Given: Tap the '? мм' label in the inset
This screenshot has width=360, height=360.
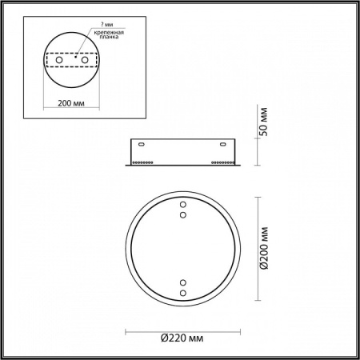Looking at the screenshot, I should click(101, 24).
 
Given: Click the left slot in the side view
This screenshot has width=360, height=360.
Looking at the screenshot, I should click(142, 145).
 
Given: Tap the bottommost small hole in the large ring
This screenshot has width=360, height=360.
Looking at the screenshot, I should click(182, 294).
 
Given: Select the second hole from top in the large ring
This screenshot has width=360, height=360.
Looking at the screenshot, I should click(182, 214).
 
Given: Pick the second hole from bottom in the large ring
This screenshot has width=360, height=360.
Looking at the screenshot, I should click(182, 284).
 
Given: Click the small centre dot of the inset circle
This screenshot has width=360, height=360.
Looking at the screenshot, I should click(74, 58).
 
